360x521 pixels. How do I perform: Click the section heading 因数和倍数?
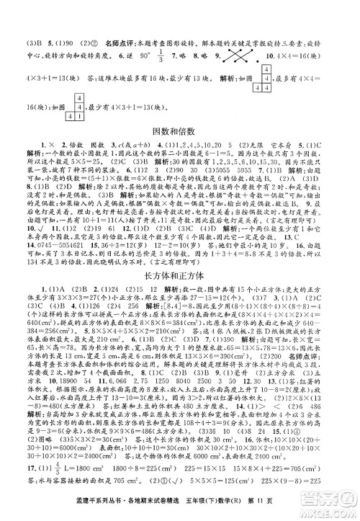(x=180, y=131)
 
